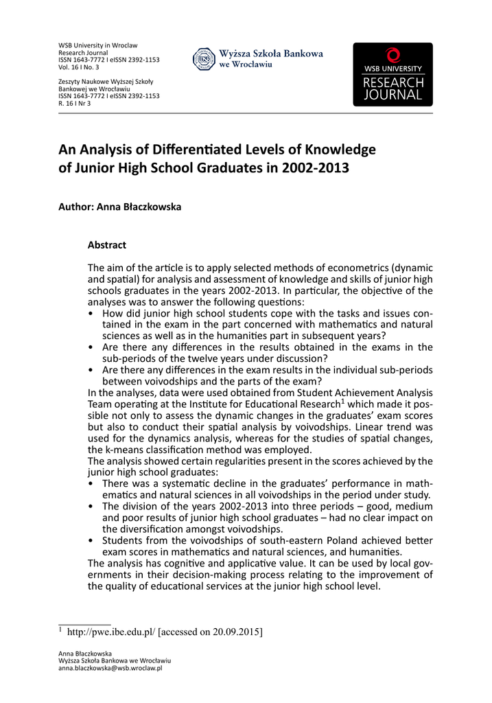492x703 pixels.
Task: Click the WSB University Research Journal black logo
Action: tap(393, 74)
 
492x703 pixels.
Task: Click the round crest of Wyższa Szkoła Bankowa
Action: tap(204, 59)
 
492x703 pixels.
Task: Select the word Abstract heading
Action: tap(107, 245)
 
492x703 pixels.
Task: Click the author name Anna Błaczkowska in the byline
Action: tap(139, 207)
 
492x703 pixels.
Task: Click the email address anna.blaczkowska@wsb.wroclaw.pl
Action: tap(110, 668)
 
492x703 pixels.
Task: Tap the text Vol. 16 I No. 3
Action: tap(79, 67)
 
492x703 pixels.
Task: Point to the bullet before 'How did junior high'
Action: tap(93, 313)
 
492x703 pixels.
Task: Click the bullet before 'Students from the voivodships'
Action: tap(93, 541)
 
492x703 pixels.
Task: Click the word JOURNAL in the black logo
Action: tap(393, 95)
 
